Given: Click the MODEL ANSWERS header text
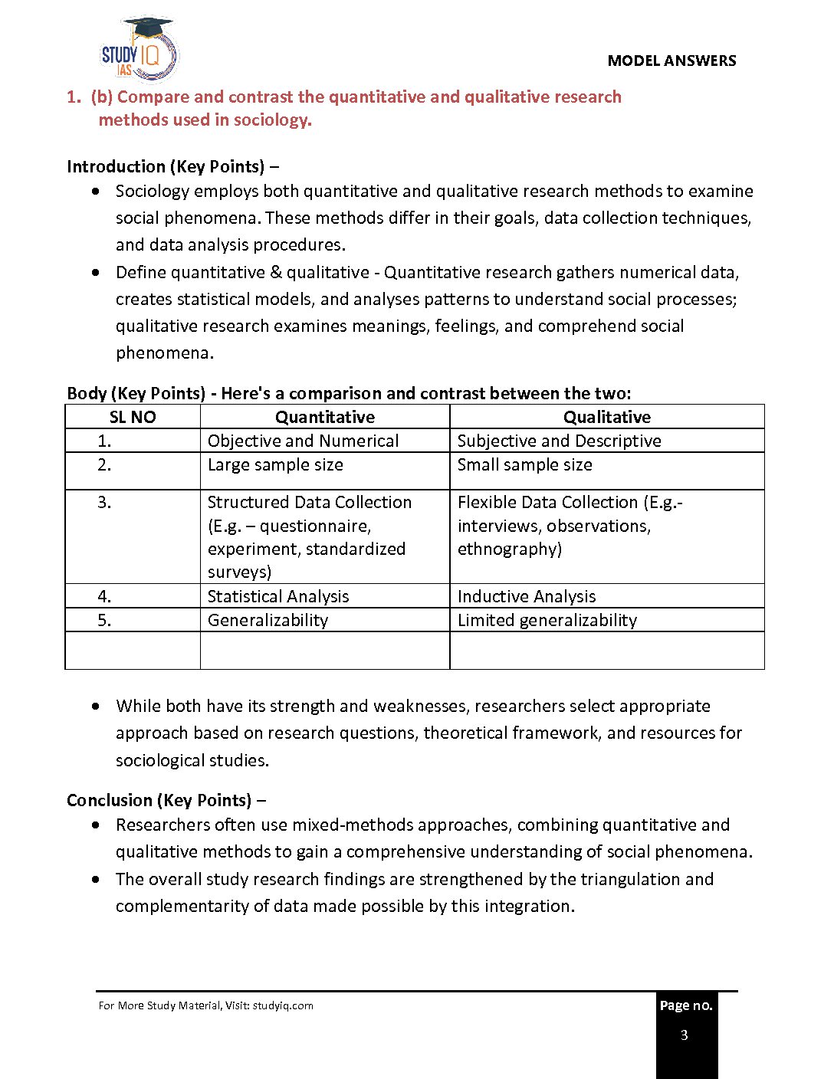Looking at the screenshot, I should pyautogui.click(x=671, y=61).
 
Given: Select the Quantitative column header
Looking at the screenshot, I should pyautogui.click(x=325, y=417).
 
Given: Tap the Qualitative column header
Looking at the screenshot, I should pyautogui.click(x=606, y=417).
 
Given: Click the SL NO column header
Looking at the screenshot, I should pyautogui.click(x=133, y=417).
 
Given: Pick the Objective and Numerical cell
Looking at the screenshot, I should pyautogui.click(x=303, y=441).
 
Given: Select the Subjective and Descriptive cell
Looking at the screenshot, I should pyautogui.click(x=559, y=441).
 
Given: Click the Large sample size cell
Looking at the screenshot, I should pyautogui.click(x=275, y=465).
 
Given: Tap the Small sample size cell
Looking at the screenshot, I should pyautogui.click(x=524, y=465).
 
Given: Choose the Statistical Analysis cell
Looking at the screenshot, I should pyautogui.click(x=278, y=596).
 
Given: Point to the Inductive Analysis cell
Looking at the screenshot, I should pyautogui.click(x=527, y=596).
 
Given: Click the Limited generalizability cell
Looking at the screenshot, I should pyautogui.click(x=547, y=620).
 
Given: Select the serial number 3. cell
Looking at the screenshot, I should pyautogui.click(x=105, y=503).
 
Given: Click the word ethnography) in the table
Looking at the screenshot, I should pyautogui.click(x=510, y=549).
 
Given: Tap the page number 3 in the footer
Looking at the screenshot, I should pyautogui.click(x=685, y=1035).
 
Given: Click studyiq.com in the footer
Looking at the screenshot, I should pyautogui.click(x=283, y=1006).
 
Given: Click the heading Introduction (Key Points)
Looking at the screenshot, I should pyautogui.click(x=166, y=167).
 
